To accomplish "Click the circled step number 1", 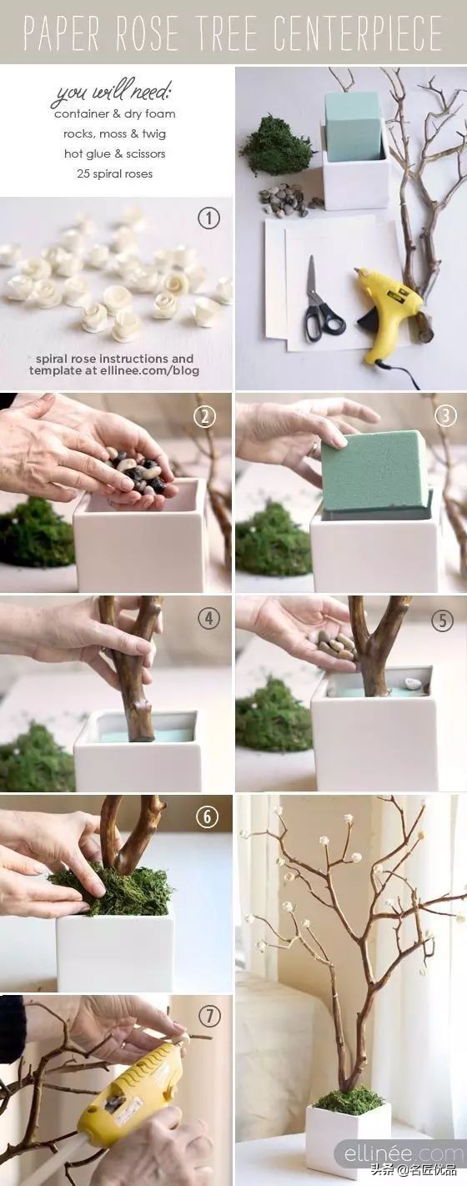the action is pyautogui.click(x=208, y=218).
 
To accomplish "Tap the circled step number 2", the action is pyautogui.click(x=205, y=417).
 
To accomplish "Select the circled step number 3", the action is pyautogui.click(x=445, y=415).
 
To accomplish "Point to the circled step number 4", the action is pyautogui.click(x=208, y=618).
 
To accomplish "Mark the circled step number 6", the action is pyautogui.click(x=207, y=817).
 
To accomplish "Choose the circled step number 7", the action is pyautogui.click(x=209, y=1016).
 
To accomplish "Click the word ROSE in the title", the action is pyautogui.click(x=148, y=33).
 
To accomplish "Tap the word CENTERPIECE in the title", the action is pyautogui.click(x=359, y=33).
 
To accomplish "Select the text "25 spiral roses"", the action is pyautogui.click(x=115, y=173).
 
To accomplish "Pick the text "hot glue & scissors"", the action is pyautogui.click(x=115, y=153).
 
